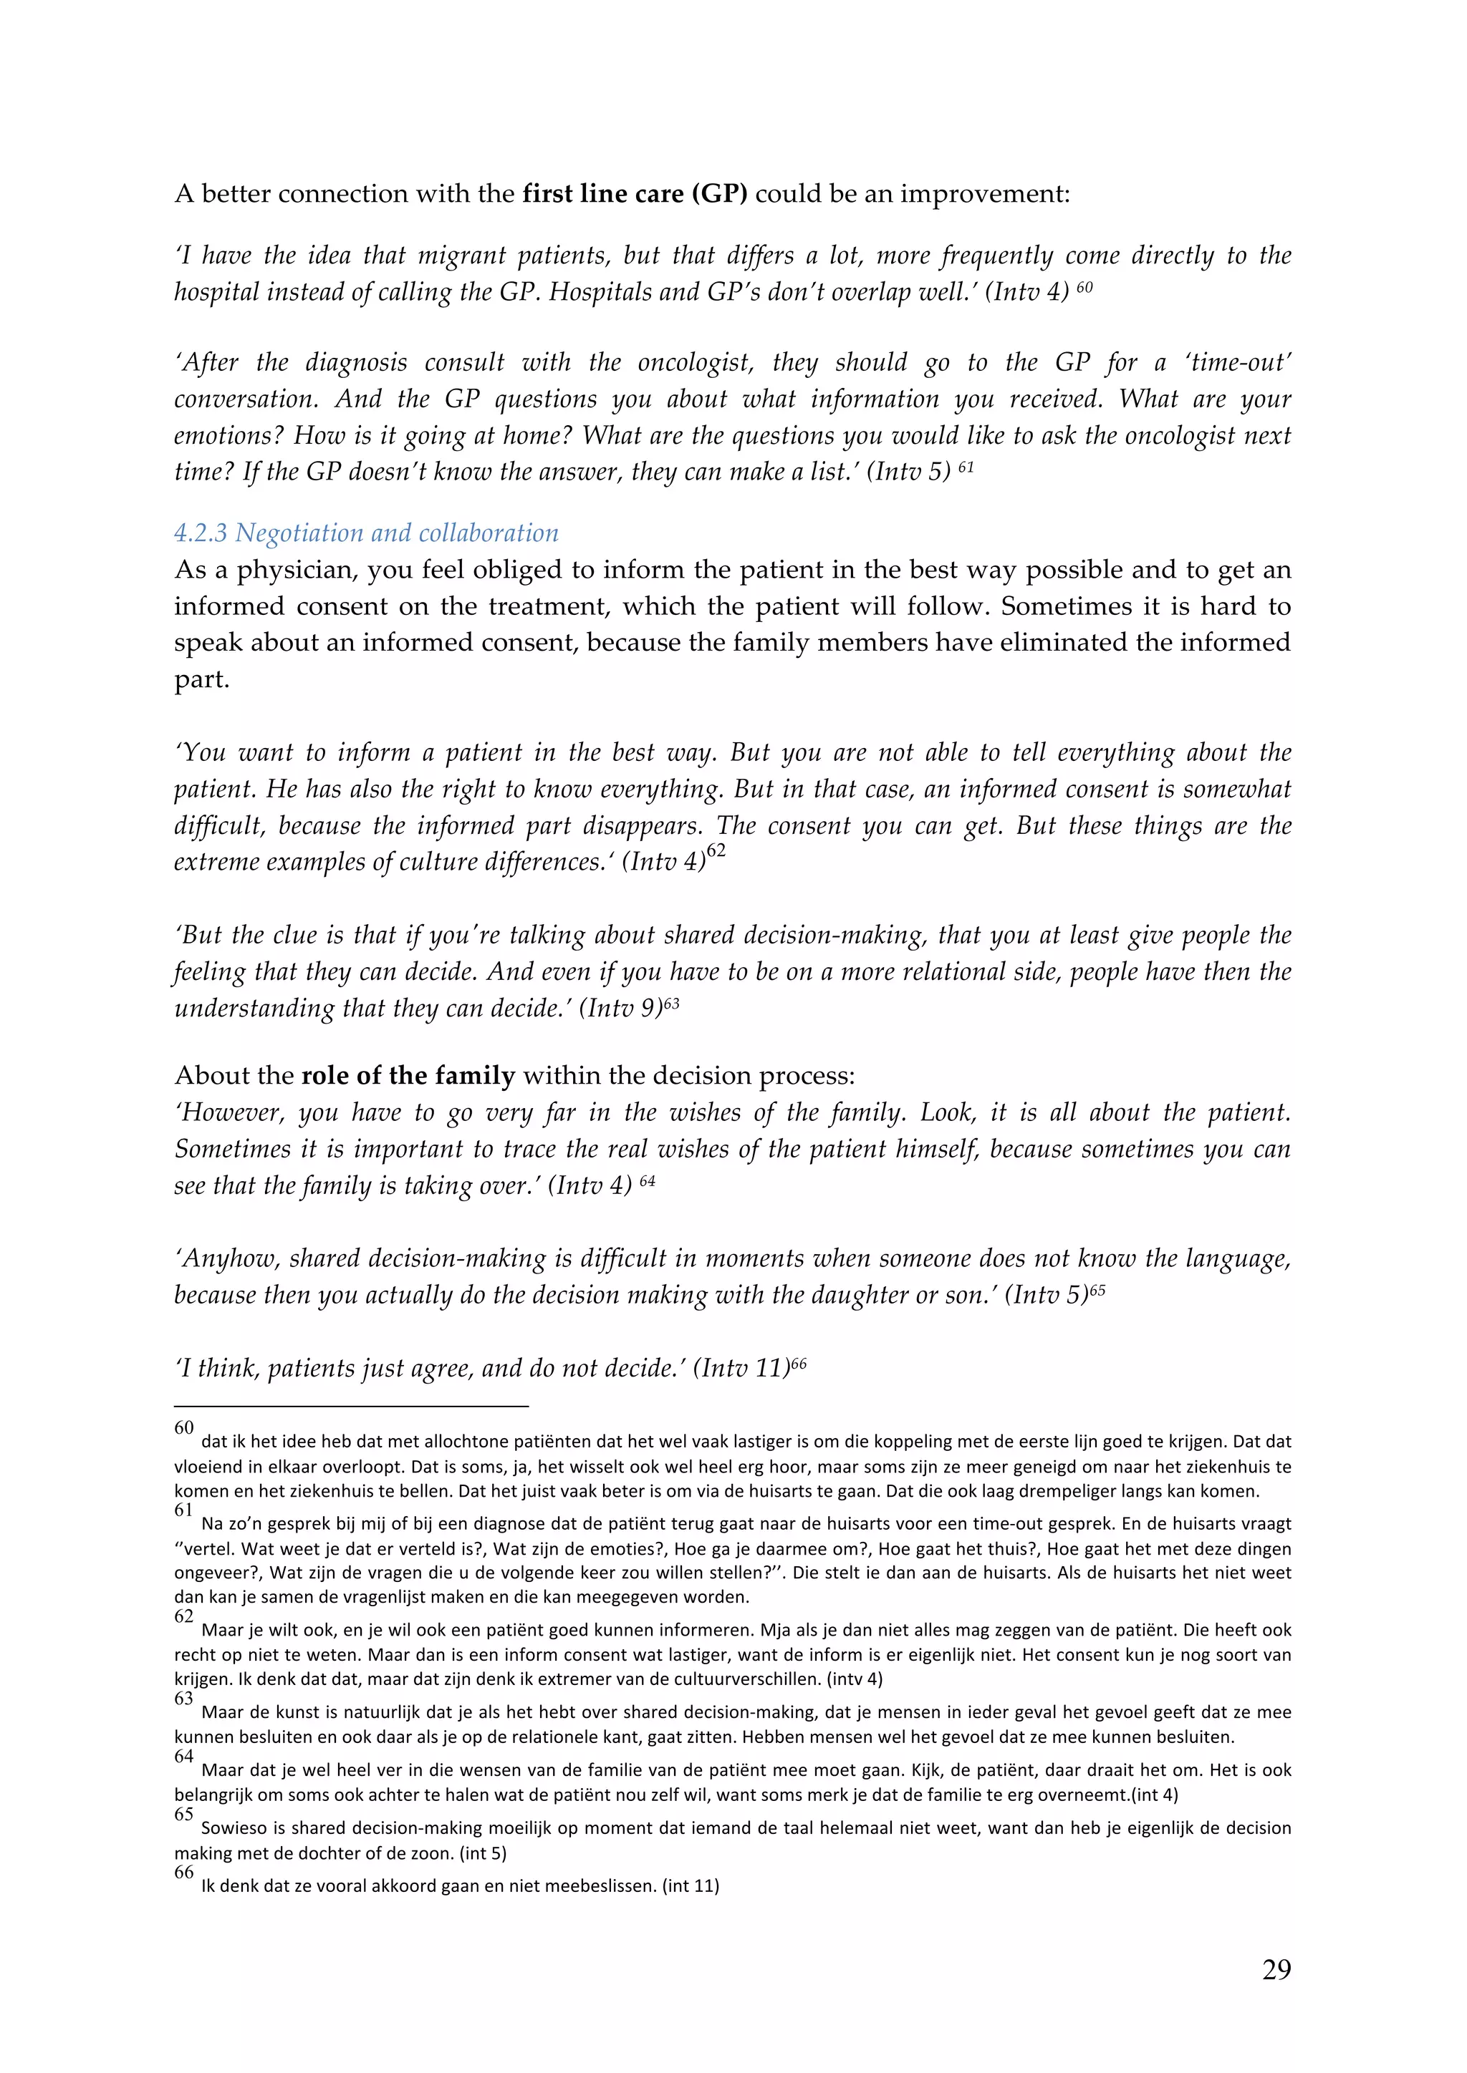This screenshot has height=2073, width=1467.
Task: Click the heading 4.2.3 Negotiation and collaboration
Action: click(x=366, y=533)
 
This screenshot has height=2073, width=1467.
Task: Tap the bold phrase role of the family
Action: click(x=408, y=1075)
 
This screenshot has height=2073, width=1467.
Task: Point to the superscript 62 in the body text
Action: click(x=716, y=851)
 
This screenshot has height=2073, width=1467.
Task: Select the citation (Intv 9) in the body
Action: click(x=620, y=1008)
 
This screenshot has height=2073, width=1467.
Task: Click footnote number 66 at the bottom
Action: click(x=183, y=1872)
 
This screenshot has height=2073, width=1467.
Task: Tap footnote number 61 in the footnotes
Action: click(x=183, y=1510)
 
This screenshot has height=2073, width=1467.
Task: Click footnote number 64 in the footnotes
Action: click(x=183, y=1756)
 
